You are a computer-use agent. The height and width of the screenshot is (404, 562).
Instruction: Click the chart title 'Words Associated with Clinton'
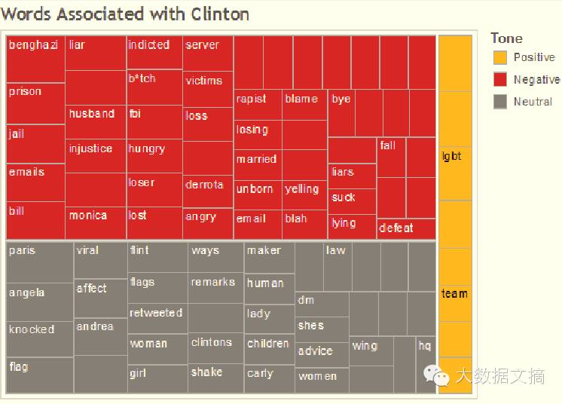[126, 14]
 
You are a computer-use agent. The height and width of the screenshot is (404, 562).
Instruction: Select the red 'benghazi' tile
[35, 59]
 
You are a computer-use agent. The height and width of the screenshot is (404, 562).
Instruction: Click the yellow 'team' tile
[455, 298]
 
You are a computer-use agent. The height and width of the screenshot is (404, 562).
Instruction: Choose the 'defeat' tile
[406, 228]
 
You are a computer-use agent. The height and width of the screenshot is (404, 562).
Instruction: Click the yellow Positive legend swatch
[500, 57]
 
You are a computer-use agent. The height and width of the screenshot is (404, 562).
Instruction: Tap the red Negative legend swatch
[500, 79]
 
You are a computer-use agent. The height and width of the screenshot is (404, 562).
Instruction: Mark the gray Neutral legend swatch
[500, 101]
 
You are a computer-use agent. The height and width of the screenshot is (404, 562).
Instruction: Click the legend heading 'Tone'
[506, 38]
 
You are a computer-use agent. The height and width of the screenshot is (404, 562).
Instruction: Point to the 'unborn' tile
[258, 194]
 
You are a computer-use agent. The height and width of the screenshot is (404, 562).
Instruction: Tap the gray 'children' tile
[269, 349]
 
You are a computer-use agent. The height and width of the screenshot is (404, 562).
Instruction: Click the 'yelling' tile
[304, 194]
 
